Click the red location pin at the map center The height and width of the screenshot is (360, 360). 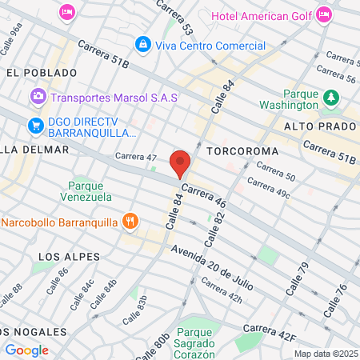[x=180, y=163]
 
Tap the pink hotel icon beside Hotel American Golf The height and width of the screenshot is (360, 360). [x=324, y=14]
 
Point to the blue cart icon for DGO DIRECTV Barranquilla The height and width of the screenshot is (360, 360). [x=34, y=125]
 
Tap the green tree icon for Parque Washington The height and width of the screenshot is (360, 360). [x=330, y=98]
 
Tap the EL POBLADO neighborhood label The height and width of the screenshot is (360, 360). [x=34, y=72]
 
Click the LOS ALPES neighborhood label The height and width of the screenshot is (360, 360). [x=69, y=257]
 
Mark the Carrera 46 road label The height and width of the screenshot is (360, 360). [x=204, y=198]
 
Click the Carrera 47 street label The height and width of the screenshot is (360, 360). [x=135, y=157]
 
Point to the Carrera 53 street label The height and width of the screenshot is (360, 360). [x=174, y=17]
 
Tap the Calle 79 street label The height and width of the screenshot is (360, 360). [x=297, y=278]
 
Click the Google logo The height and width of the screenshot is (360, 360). [x=26, y=350]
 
